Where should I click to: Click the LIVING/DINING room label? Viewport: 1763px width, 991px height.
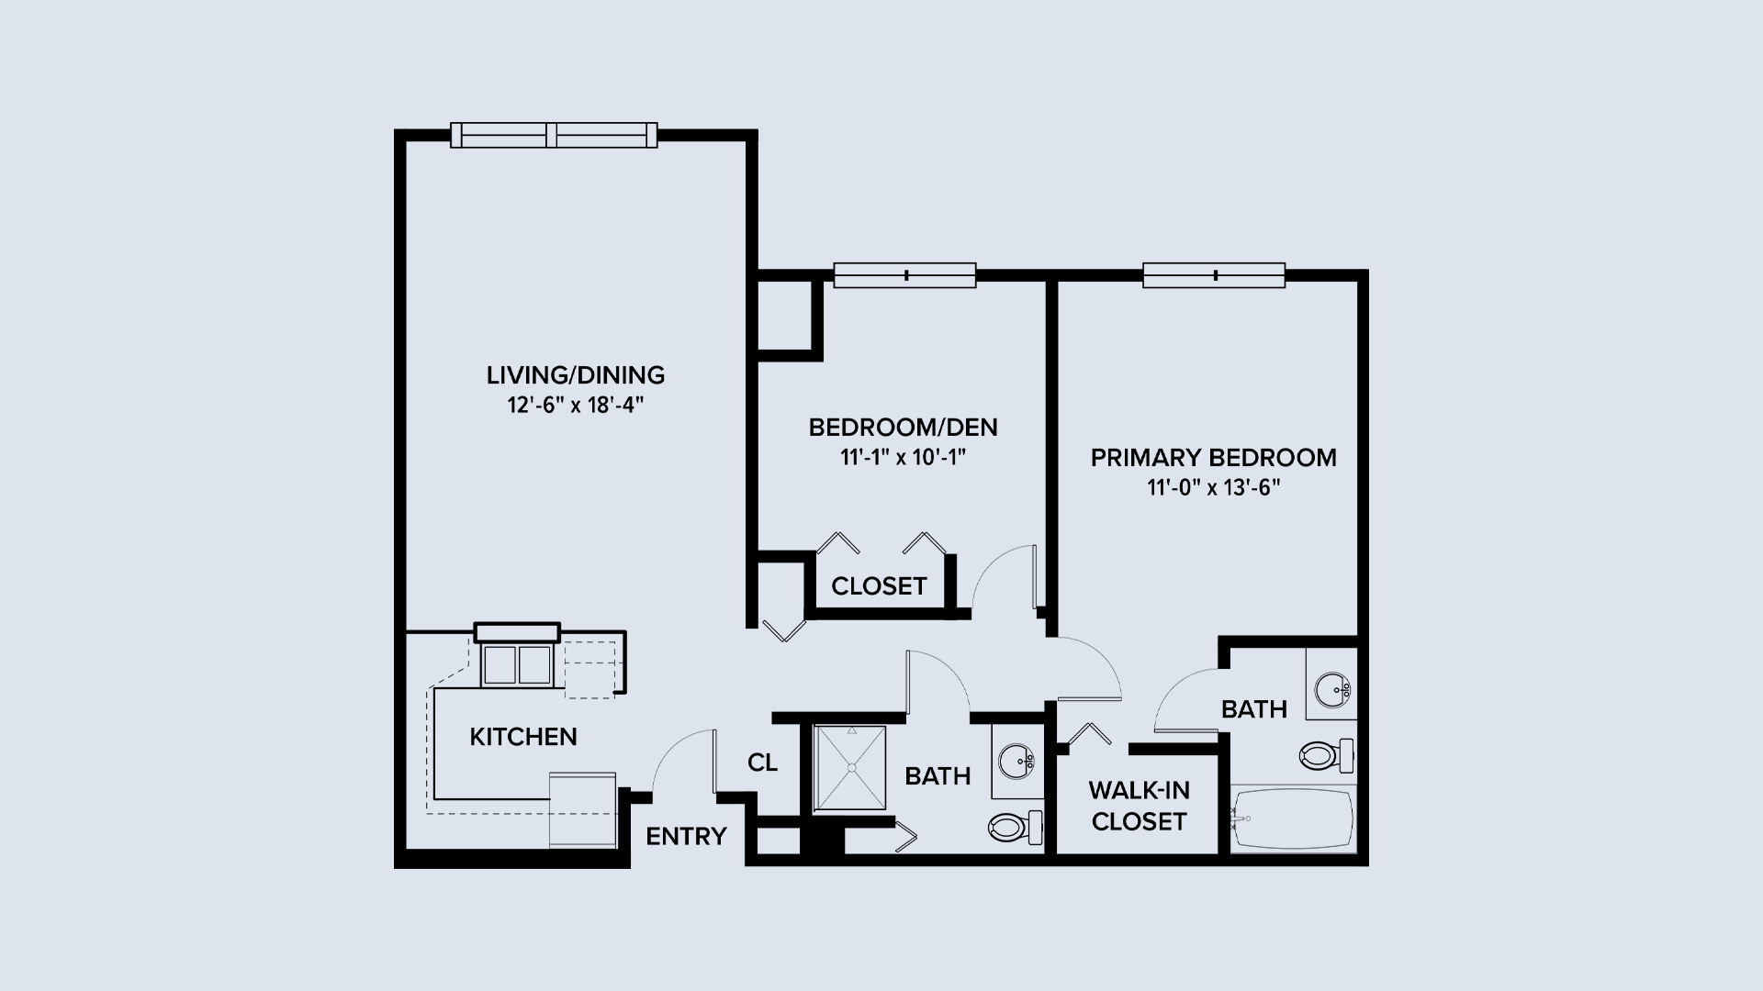[x=576, y=374]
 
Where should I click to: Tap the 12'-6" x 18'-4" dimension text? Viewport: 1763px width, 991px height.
[x=576, y=406]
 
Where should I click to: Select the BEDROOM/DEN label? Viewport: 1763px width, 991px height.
[x=903, y=427]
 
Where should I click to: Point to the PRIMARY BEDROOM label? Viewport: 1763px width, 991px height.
[x=1213, y=457]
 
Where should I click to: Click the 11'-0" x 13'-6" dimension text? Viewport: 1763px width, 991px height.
[x=1213, y=488]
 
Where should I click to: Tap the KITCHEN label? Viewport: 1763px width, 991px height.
[x=523, y=736]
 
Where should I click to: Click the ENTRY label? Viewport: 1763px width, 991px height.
[x=686, y=836]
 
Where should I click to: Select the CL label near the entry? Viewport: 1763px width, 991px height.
[x=762, y=763]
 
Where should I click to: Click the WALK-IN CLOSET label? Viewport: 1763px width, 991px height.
[x=1139, y=805]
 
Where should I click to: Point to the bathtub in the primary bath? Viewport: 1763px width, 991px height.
[x=1293, y=818]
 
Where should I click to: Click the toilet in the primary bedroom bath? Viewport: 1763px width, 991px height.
[x=1327, y=755]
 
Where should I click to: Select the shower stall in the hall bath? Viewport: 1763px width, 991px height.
[x=850, y=768]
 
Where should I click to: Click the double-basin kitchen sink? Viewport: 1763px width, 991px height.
[x=517, y=664]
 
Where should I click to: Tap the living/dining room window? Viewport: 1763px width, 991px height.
[x=555, y=135]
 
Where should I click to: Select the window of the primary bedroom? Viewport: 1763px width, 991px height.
[x=1214, y=275]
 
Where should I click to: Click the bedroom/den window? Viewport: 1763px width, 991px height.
[x=904, y=275]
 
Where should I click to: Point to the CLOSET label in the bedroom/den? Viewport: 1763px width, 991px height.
[x=879, y=585]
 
